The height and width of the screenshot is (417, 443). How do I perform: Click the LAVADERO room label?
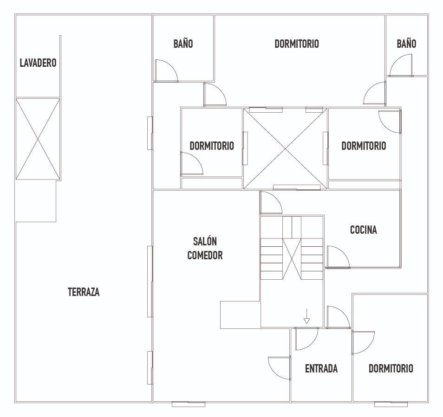pyautogui.click(x=38, y=63)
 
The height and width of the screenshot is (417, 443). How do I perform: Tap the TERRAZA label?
pyautogui.click(x=84, y=292)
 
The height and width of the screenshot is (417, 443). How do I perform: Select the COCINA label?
pyautogui.click(x=363, y=230)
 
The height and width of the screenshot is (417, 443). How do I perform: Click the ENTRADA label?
pyautogui.click(x=321, y=368)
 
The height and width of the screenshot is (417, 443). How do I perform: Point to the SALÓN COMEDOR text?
pyautogui.click(x=205, y=248)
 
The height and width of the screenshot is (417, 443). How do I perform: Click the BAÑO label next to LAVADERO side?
pyautogui.click(x=183, y=44)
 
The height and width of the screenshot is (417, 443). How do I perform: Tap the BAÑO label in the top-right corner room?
pyautogui.click(x=406, y=44)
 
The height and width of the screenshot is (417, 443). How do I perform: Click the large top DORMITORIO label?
pyautogui.click(x=297, y=44)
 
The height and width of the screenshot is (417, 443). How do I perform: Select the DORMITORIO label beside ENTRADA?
pyautogui.click(x=391, y=368)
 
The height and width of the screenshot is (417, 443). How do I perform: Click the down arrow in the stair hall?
pyautogui.click(x=306, y=316)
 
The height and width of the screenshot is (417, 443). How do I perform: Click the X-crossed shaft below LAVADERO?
pyautogui.click(x=38, y=139)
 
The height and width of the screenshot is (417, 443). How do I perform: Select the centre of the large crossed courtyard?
pyautogui.click(x=285, y=148)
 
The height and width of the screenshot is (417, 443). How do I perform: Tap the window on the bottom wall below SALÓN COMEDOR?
pyautogui.click(x=189, y=404)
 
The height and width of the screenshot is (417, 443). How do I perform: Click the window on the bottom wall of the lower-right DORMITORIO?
pyautogui.click(x=391, y=404)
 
